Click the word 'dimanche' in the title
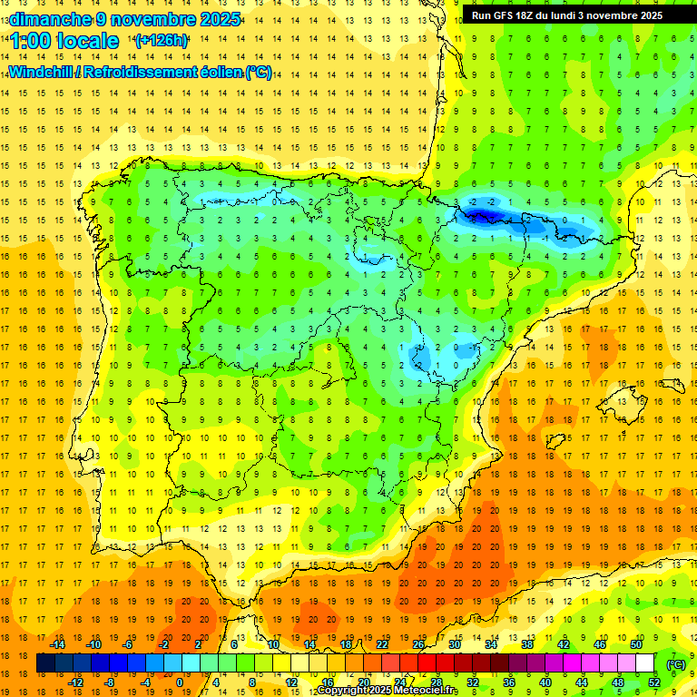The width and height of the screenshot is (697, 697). tap(50, 19)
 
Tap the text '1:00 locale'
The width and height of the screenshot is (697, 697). tap(64, 41)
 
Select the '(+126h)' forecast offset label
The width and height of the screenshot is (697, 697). tap(162, 41)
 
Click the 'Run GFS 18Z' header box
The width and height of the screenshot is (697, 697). tap(566, 15)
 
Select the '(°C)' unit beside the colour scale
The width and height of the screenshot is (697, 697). tap(676, 664)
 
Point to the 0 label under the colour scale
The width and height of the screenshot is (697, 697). tap(179, 682)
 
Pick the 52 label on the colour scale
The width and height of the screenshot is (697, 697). tap(653, 682)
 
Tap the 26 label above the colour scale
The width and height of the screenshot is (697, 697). tap(418, 644)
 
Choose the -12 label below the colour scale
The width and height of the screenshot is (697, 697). tap(75, 682)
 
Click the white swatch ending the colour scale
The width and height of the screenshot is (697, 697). tap(645, 663)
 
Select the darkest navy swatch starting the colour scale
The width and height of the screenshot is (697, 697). tap(45, 663)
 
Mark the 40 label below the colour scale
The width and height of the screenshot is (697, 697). tap(545, 682)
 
